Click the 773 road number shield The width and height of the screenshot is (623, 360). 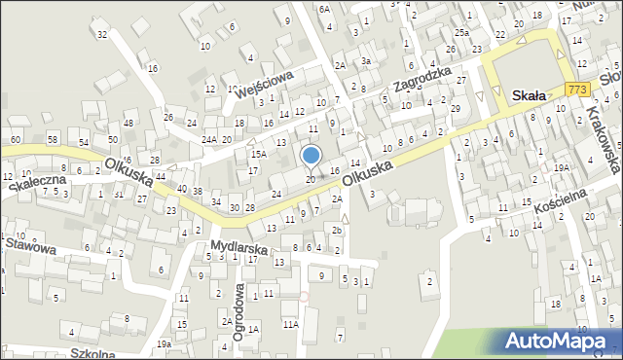577,89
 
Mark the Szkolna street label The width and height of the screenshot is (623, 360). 92,353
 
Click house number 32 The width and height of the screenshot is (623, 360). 101,35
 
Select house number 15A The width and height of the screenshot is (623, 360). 258,154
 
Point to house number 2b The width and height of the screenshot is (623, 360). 336,231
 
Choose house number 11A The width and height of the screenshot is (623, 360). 290,323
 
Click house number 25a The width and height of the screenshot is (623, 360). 461,33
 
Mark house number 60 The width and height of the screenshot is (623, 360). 15,140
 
